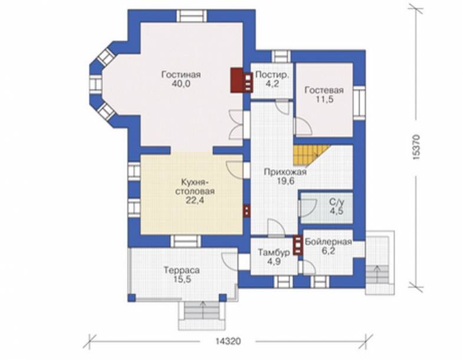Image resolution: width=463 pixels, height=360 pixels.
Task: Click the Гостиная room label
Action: (x=180, y=74)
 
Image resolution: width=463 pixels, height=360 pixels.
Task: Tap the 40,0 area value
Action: (x=180, y=84)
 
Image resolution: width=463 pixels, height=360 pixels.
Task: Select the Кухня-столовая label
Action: (x=194, y=186)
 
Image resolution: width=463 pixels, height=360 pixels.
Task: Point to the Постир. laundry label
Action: (x=272, y=75)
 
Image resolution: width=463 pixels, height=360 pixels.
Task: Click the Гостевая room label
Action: (x=324, y=90)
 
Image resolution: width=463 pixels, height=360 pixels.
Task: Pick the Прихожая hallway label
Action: (x=285, y=172)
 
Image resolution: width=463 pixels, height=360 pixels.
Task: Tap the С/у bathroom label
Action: (x=337, y=202)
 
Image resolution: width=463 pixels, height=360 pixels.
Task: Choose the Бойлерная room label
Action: (x=329, y=242)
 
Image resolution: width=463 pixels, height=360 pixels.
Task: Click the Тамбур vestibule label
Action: (x=274, y=253)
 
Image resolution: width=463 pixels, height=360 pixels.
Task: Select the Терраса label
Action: (x=182, y=270)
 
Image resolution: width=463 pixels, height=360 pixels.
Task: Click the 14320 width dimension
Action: (x=228, y=341)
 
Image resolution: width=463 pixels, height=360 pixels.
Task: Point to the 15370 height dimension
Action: (x=416, y=148)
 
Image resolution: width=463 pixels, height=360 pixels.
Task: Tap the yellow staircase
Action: (x=310, y=155)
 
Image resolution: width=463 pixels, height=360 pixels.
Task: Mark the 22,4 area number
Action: (x=195, y=201)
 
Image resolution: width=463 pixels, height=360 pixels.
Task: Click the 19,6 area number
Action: (x=285, y=181)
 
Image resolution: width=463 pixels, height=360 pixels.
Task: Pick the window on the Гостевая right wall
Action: (x=359, y=103)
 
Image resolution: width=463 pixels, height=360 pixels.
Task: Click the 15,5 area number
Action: (x=182, y=280)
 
